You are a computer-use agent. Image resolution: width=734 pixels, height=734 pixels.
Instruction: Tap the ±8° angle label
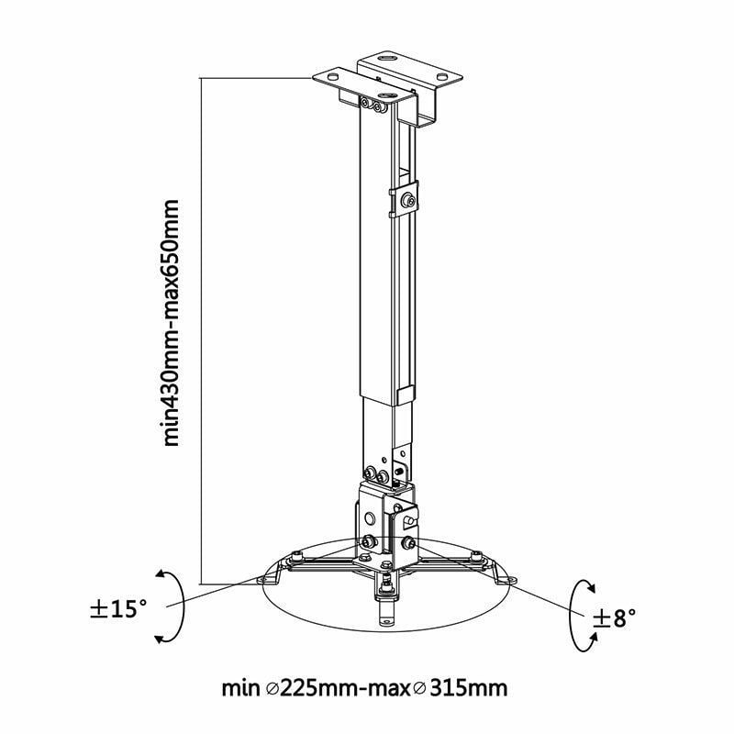615,618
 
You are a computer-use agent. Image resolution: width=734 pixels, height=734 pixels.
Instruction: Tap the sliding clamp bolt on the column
408,200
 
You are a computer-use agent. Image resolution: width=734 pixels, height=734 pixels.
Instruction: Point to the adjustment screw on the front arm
389,580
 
